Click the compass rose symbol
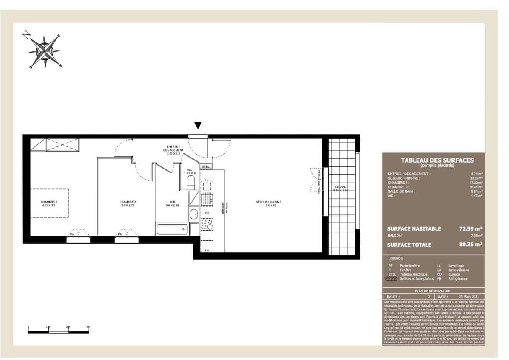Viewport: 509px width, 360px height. pyautogui.click(x=45, y=51)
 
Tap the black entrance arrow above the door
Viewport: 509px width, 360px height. pyautogui.click(x=198, y=125)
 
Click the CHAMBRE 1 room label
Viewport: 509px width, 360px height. pyautogui.click(x=49, y=204)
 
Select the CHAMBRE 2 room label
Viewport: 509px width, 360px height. pyautogui.click(x=128, y=204)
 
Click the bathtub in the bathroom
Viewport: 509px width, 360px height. pyautogui.click(x=172, y=230)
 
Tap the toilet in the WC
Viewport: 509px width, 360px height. pyautogui.click(x=190, y=183)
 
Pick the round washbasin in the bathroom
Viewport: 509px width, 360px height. pyautogui.click(x=193, y=214)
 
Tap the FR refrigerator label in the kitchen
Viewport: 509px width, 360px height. pyautogui.click(x=207, y=250)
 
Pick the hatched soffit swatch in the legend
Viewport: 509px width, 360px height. pyautogui.click(x=391, y=279)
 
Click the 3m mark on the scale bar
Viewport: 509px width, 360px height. pyautogui.click(x=88, y=327)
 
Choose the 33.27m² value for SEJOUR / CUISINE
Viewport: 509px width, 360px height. pyautogui.click(x=475, y=178)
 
